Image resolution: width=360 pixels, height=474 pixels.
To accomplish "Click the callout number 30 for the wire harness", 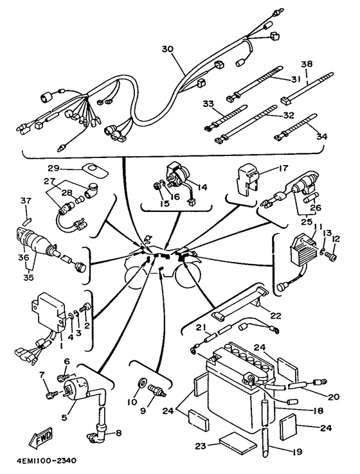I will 168,49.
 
